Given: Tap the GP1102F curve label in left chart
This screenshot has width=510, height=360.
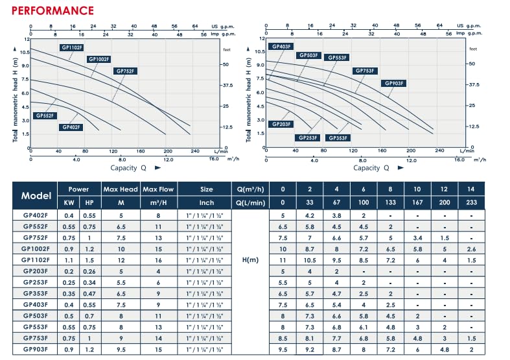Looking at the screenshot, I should tap(71, 47).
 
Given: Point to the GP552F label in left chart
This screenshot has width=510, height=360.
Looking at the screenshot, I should tap(46, 115).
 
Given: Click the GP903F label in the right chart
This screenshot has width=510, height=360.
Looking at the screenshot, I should tap(394, 83).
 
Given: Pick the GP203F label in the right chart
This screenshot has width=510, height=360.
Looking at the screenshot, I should tap(281, 124).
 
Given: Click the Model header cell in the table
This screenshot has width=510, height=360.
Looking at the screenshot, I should tap(36, 196).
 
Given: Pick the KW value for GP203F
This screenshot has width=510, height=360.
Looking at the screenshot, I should tap(69, 271).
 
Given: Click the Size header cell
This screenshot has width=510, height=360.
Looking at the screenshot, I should tap(207, 189).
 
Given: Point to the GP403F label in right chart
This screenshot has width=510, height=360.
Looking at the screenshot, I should tap(282, 47).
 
